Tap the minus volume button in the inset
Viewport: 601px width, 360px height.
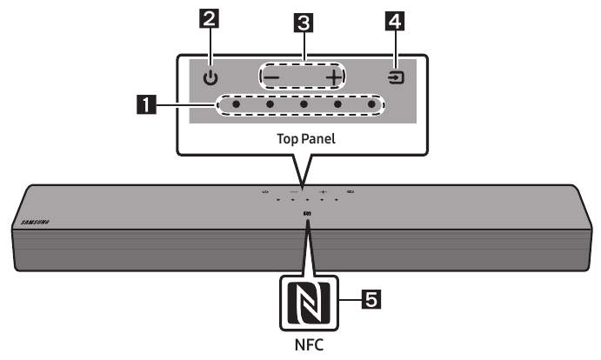pos(270,77)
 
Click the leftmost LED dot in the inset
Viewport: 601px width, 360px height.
pos(237,106)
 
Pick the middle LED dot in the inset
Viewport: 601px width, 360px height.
pos(304,106)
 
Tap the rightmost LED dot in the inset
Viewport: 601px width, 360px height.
pos(371,106)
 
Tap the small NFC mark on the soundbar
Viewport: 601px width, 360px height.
pos(307,212)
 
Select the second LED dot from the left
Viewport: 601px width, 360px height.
pos(270,106)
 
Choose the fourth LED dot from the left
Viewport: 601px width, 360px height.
pos(337,106)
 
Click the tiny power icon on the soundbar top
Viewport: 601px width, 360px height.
pos(264,190)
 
